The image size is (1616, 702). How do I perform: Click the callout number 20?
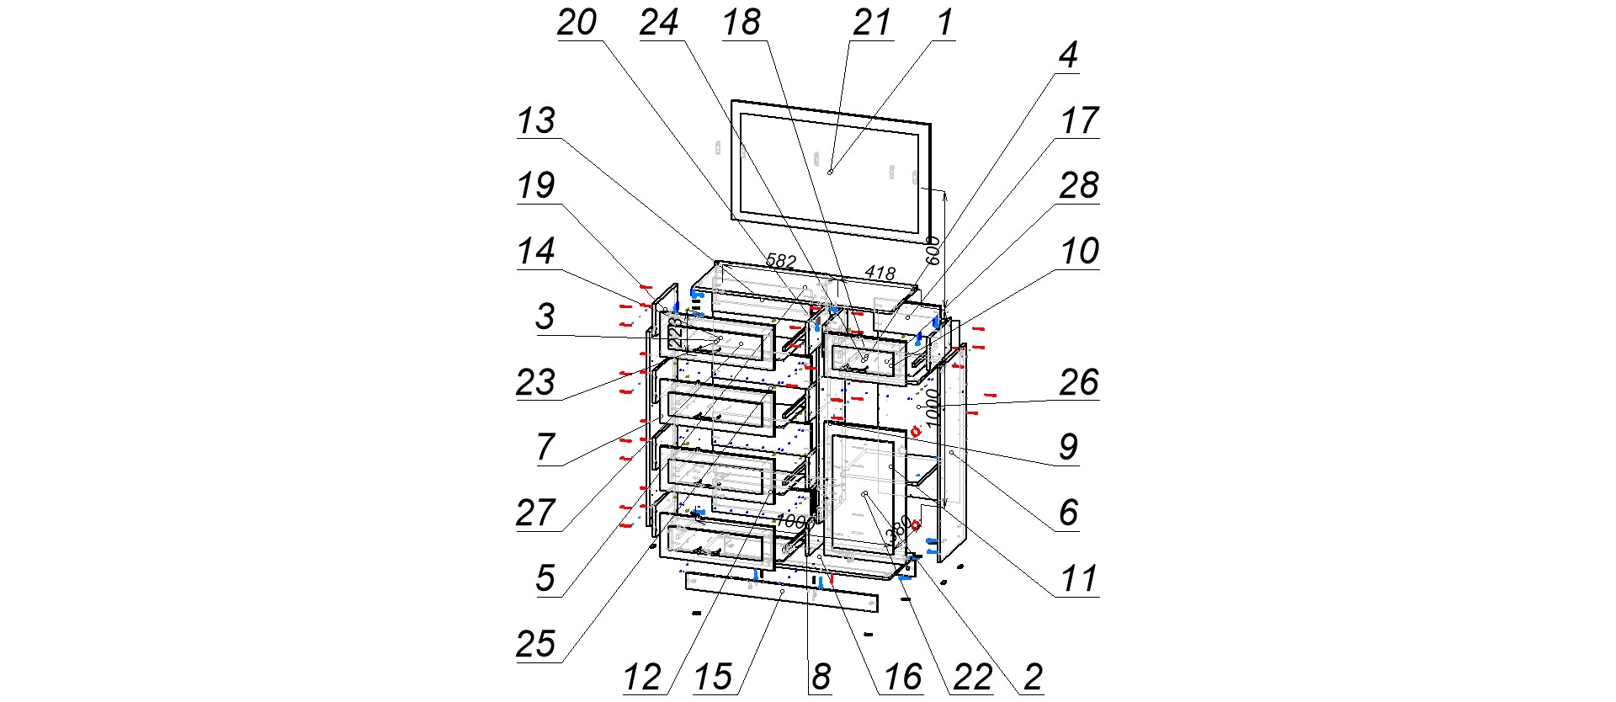[x=577, y=23]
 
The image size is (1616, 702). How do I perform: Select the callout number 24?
[x=659, y=23]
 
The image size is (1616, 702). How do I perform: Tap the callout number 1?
[x=945, y=23]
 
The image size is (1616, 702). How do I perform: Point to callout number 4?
[x=1067, y=56]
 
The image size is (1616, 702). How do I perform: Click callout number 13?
[x=536, y=120]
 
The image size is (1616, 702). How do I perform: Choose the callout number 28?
[x=1078, y=186]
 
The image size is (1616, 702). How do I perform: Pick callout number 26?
[x=1078, y=383]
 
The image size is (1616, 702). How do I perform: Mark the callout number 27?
[x=536, y=513]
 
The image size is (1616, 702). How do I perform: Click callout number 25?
[x=536, y=645]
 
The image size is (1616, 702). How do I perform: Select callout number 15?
[x=713, y=678]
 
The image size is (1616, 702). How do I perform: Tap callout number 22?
[x=972, y=678]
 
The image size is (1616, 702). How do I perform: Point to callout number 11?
[x=1078, y=579]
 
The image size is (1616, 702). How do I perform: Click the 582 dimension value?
[x=780, y=261]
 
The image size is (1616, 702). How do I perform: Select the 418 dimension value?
[x=880, y=273]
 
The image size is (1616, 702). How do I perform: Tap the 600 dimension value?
[x=932, y=251]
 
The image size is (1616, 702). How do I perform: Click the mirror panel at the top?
[x=830, y=171]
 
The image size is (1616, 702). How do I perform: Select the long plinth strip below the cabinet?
[x=781, y=593]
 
